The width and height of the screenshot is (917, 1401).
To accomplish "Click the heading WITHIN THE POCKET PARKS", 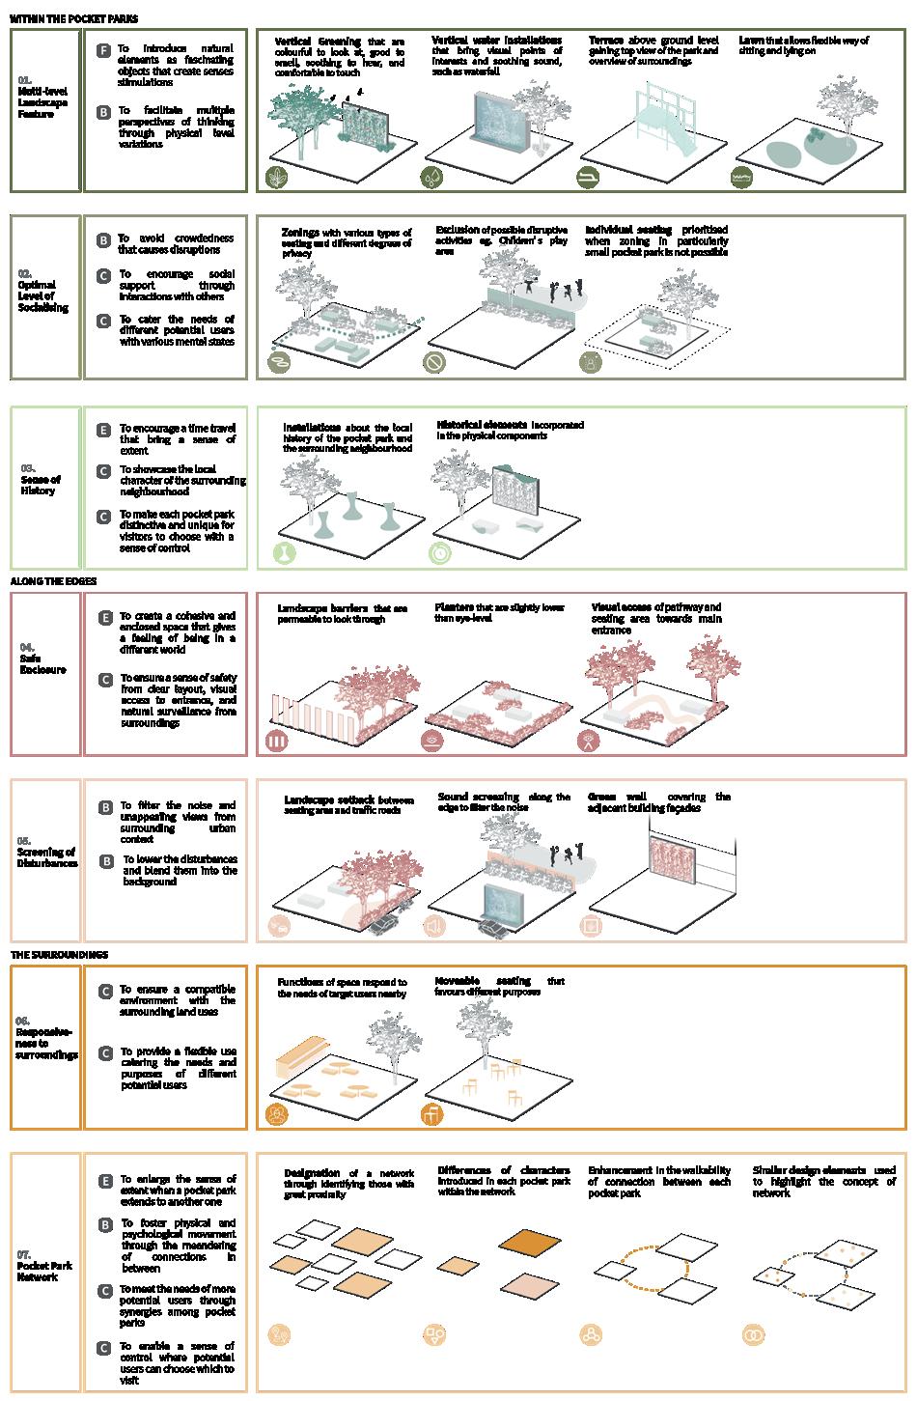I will click(74, 18).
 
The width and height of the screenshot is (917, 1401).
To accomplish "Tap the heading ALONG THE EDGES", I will click(53, 582).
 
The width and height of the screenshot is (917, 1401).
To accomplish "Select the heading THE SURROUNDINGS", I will click(60, 955).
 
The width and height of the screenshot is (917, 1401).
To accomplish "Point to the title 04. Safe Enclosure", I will click(42, 663).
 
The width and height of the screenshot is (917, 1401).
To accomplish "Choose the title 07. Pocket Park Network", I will click(44, 1266).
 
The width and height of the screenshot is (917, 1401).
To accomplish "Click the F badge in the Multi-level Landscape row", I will click(103, 49).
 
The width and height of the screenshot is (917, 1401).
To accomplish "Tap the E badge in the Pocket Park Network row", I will click(104, 1181).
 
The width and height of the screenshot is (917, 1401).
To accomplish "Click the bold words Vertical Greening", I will click(318, 42).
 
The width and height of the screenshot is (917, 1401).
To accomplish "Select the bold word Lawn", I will click(751, 41).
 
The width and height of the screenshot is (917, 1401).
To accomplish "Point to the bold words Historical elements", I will click(482, 425).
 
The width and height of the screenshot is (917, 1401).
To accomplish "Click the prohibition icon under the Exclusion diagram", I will click(434, 362).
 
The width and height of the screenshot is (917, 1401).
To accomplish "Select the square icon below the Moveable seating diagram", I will click(432, 1115).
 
